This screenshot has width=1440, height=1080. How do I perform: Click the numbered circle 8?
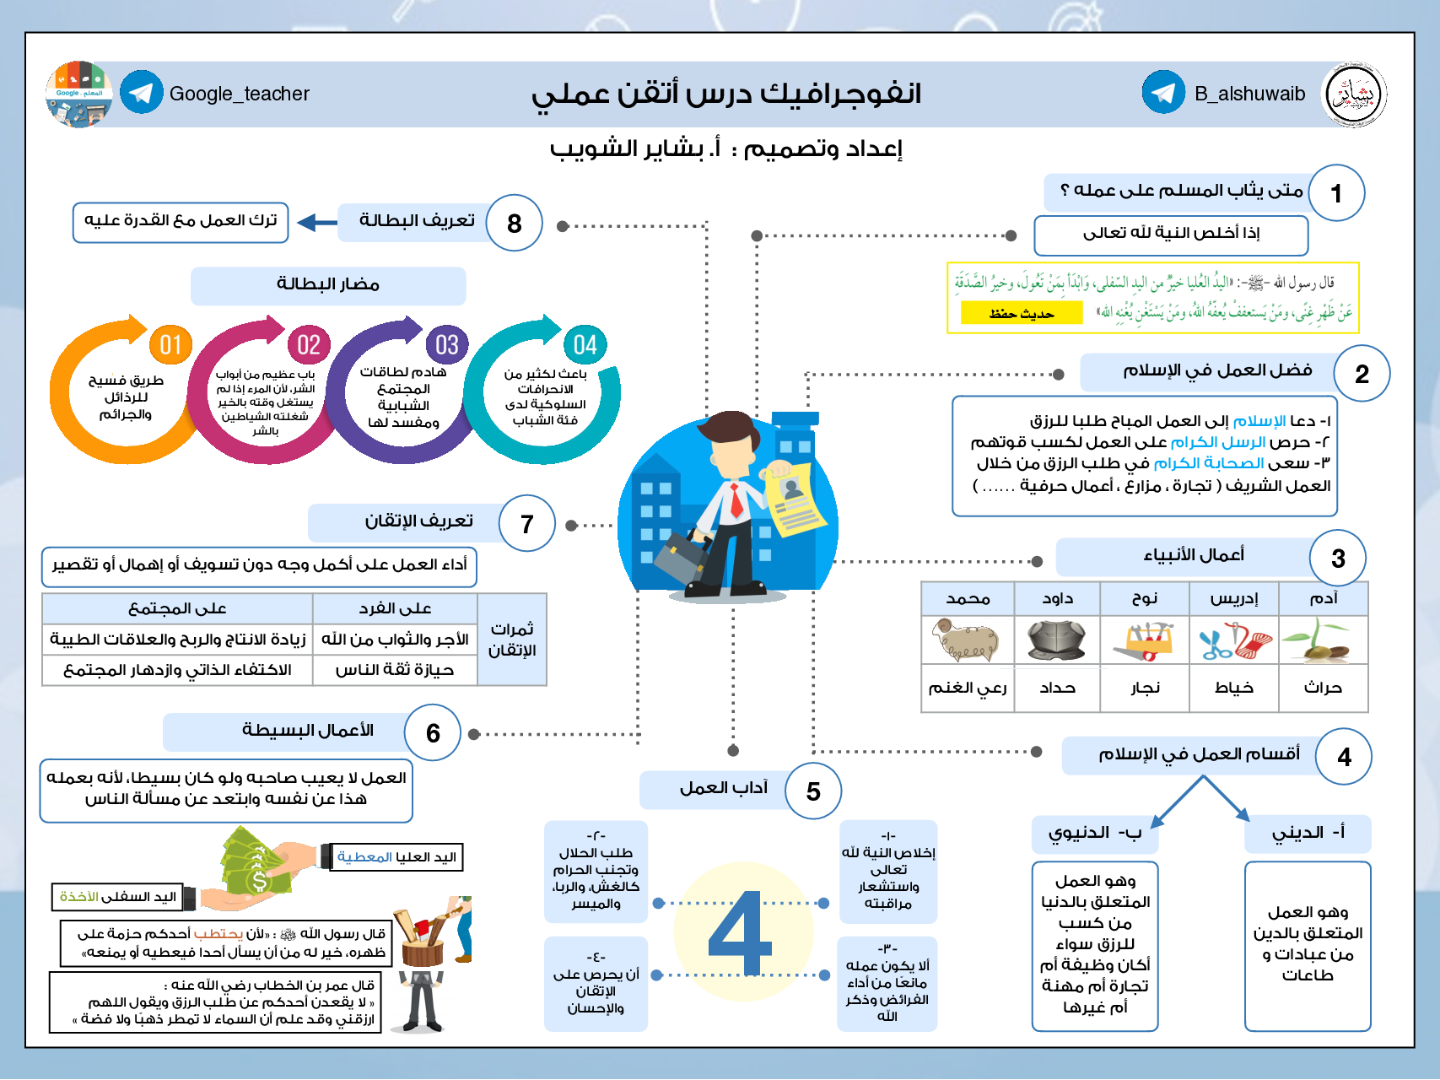(514, 224)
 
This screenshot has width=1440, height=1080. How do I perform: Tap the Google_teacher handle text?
(239, 94)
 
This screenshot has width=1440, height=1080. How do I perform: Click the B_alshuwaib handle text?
(1249, 94)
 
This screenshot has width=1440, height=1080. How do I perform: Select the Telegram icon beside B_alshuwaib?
(1163, 93)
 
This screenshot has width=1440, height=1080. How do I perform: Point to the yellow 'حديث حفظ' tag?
(1021, 314)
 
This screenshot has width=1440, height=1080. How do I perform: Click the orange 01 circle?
(170, 344)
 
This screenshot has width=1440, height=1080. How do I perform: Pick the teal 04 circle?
(585, 344)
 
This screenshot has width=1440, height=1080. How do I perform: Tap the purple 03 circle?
(446, 344)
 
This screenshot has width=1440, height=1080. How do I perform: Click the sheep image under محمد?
(967, 641)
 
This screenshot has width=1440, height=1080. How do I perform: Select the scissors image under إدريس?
(1234, 641)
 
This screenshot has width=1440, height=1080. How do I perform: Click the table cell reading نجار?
(1145, 688)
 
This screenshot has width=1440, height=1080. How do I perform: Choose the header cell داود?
(1057, 598)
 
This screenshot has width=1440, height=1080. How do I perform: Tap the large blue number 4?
(741, 933)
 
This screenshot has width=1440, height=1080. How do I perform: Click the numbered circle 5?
(812, 791)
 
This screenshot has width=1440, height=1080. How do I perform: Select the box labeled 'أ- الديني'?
(1308, 834)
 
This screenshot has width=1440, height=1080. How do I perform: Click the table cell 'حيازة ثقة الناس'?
(395, 670)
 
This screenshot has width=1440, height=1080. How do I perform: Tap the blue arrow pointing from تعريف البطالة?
(317, 223)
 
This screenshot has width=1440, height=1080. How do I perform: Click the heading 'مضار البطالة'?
(328, 285)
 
